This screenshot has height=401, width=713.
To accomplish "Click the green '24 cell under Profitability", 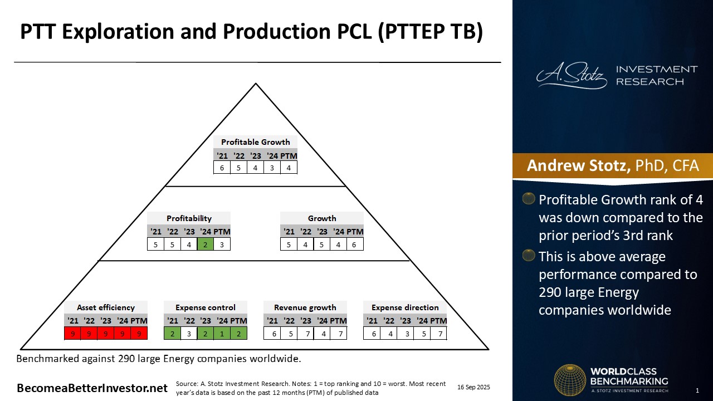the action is point(206,244).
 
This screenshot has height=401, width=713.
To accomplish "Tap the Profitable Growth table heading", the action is point(255,142).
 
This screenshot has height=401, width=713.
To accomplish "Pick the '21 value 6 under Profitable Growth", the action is point(222,168).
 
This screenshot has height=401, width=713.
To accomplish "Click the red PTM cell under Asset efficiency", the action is point(139,334).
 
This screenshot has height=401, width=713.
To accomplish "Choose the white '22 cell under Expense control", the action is point(189,334).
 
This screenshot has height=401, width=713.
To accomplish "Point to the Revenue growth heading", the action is point(305,307).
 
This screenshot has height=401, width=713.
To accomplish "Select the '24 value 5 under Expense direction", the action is point(424,334).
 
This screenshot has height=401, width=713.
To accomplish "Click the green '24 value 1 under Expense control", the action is point(222,334).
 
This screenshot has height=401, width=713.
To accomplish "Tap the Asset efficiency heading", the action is point(106,307).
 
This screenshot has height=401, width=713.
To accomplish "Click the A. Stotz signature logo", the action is point(572,75).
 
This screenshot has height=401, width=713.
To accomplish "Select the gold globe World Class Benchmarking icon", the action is point(570,380).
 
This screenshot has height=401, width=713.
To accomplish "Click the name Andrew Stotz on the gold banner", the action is point(578,165).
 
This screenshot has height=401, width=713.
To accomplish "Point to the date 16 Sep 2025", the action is point(473,387).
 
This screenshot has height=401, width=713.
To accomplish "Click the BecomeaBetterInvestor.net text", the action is point(92,388).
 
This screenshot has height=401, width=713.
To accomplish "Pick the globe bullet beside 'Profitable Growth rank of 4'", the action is point(529,198).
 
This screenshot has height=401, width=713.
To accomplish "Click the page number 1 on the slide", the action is point(697,390).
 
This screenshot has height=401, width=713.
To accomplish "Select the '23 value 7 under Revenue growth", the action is point(307,334).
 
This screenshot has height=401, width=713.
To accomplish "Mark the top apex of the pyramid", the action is point(256,84).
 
